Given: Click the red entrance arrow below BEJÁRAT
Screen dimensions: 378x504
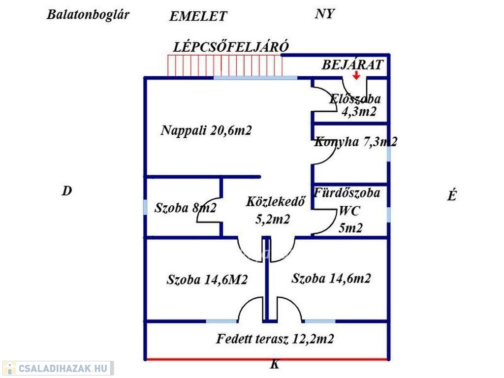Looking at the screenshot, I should (x=356, y=75).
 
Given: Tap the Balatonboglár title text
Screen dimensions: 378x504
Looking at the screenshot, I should (x=88, y=14).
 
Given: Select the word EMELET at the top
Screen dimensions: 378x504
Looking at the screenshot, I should (x=198, y=16).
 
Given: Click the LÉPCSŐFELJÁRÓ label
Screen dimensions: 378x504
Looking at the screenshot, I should (x=231, y=47).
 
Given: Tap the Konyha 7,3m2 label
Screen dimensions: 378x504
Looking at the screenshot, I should (x=355, y=142).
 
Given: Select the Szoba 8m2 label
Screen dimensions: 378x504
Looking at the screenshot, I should (x=185, y=208).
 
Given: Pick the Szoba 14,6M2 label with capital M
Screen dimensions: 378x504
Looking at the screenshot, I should (x=207, y=280).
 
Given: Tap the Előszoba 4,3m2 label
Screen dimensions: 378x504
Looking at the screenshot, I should (x=355, y=105).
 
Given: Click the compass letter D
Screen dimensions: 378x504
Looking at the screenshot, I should (x=66, y=191).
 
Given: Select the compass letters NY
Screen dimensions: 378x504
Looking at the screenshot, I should (x=324, y=14).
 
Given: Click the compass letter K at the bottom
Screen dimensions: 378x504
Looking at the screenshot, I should (x=275, y=365).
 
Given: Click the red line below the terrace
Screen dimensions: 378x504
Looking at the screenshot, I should (x=207, y=359).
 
